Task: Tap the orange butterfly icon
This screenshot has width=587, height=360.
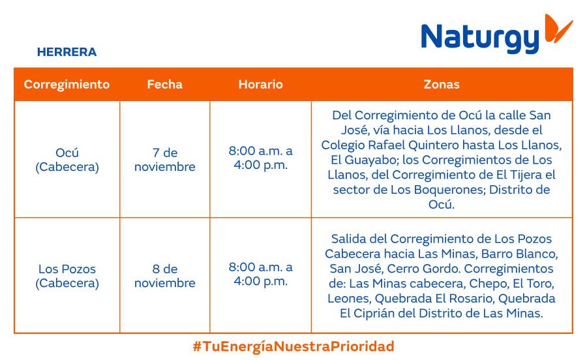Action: [x=558, y=29]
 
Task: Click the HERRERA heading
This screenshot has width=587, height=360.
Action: [x=67, y=52]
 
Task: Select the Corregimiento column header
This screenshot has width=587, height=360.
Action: [x=67, y=84]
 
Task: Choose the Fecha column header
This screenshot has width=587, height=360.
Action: [x=164, y=84]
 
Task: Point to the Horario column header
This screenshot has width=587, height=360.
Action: [x=260, y=84]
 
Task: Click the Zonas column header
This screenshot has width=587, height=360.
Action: [x=442, y=84]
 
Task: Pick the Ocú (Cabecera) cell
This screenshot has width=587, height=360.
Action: [x=67, y=160]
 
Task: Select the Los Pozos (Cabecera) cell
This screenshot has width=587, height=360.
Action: [x=67, y=276]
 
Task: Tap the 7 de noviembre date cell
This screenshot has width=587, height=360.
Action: [x=164, y=160]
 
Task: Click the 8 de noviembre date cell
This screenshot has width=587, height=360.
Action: [x=164, y=276]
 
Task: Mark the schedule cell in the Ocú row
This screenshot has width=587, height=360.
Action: [x=260, y=158]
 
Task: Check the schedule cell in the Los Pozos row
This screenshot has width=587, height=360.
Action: [x=260, y=274]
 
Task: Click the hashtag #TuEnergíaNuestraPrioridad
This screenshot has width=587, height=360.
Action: [x=293, y=346]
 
